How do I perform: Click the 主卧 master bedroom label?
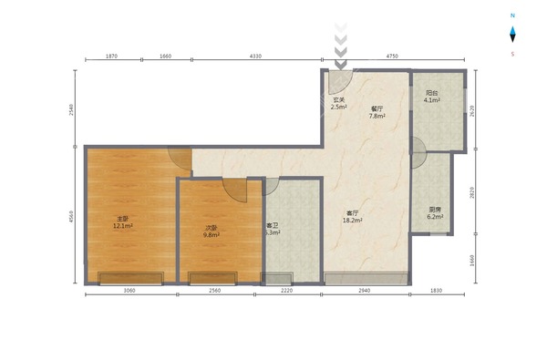[x=122, y=219]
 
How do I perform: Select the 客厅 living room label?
[x=352, y=212]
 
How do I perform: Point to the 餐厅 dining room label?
[x=377, y=108]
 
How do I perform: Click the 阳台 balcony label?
[x=431, y=92]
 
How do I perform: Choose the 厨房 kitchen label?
[x=436, y=209]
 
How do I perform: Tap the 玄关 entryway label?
[x=338, y=99]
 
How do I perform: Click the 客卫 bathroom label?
[x=272, y=225]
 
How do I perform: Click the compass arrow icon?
[x=512, y=35]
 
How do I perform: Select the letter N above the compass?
[x=512, y=15]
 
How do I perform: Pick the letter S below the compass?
[x=512, y=54]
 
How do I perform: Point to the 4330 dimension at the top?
[x=255, y=57]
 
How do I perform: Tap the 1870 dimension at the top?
[x=111, y=57]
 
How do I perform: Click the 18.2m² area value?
[x=352, y=221]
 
